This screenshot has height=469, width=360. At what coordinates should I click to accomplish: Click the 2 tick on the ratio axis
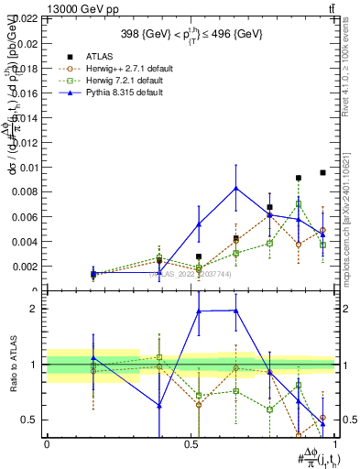(36, 309)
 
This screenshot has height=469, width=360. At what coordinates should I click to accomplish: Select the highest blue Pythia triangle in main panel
(236, 188)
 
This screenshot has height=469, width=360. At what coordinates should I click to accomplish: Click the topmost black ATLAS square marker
(322, 172)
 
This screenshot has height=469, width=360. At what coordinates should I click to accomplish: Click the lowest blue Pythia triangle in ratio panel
(322, 423)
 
